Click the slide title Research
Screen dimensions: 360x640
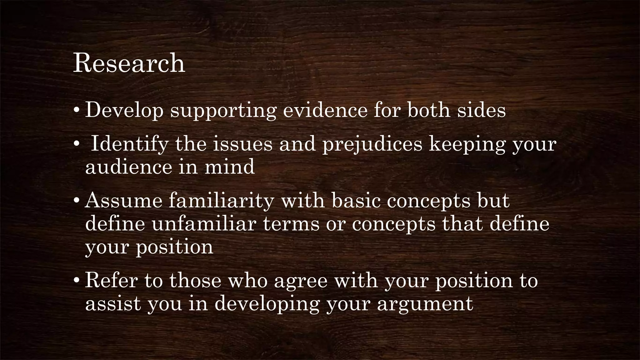(x=129, y=63)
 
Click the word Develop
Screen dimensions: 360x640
(x=124, y=110)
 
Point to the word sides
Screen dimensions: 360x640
(x=481, y=110)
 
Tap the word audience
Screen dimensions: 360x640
(x=128, y=167)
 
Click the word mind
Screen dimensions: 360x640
(x=230, y=167)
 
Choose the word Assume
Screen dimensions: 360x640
(x=123, y=201)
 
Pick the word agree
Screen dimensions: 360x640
(x=301, y=281)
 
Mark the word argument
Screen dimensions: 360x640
(x=425, y=304)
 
